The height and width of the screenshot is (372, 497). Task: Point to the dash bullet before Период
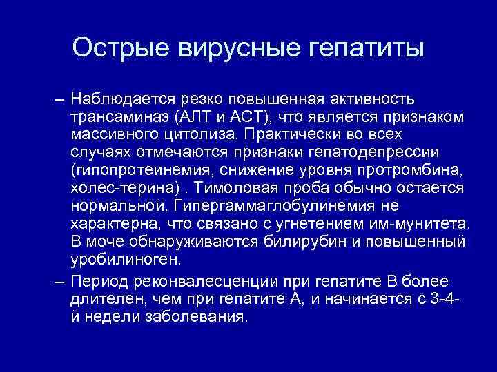59,282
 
